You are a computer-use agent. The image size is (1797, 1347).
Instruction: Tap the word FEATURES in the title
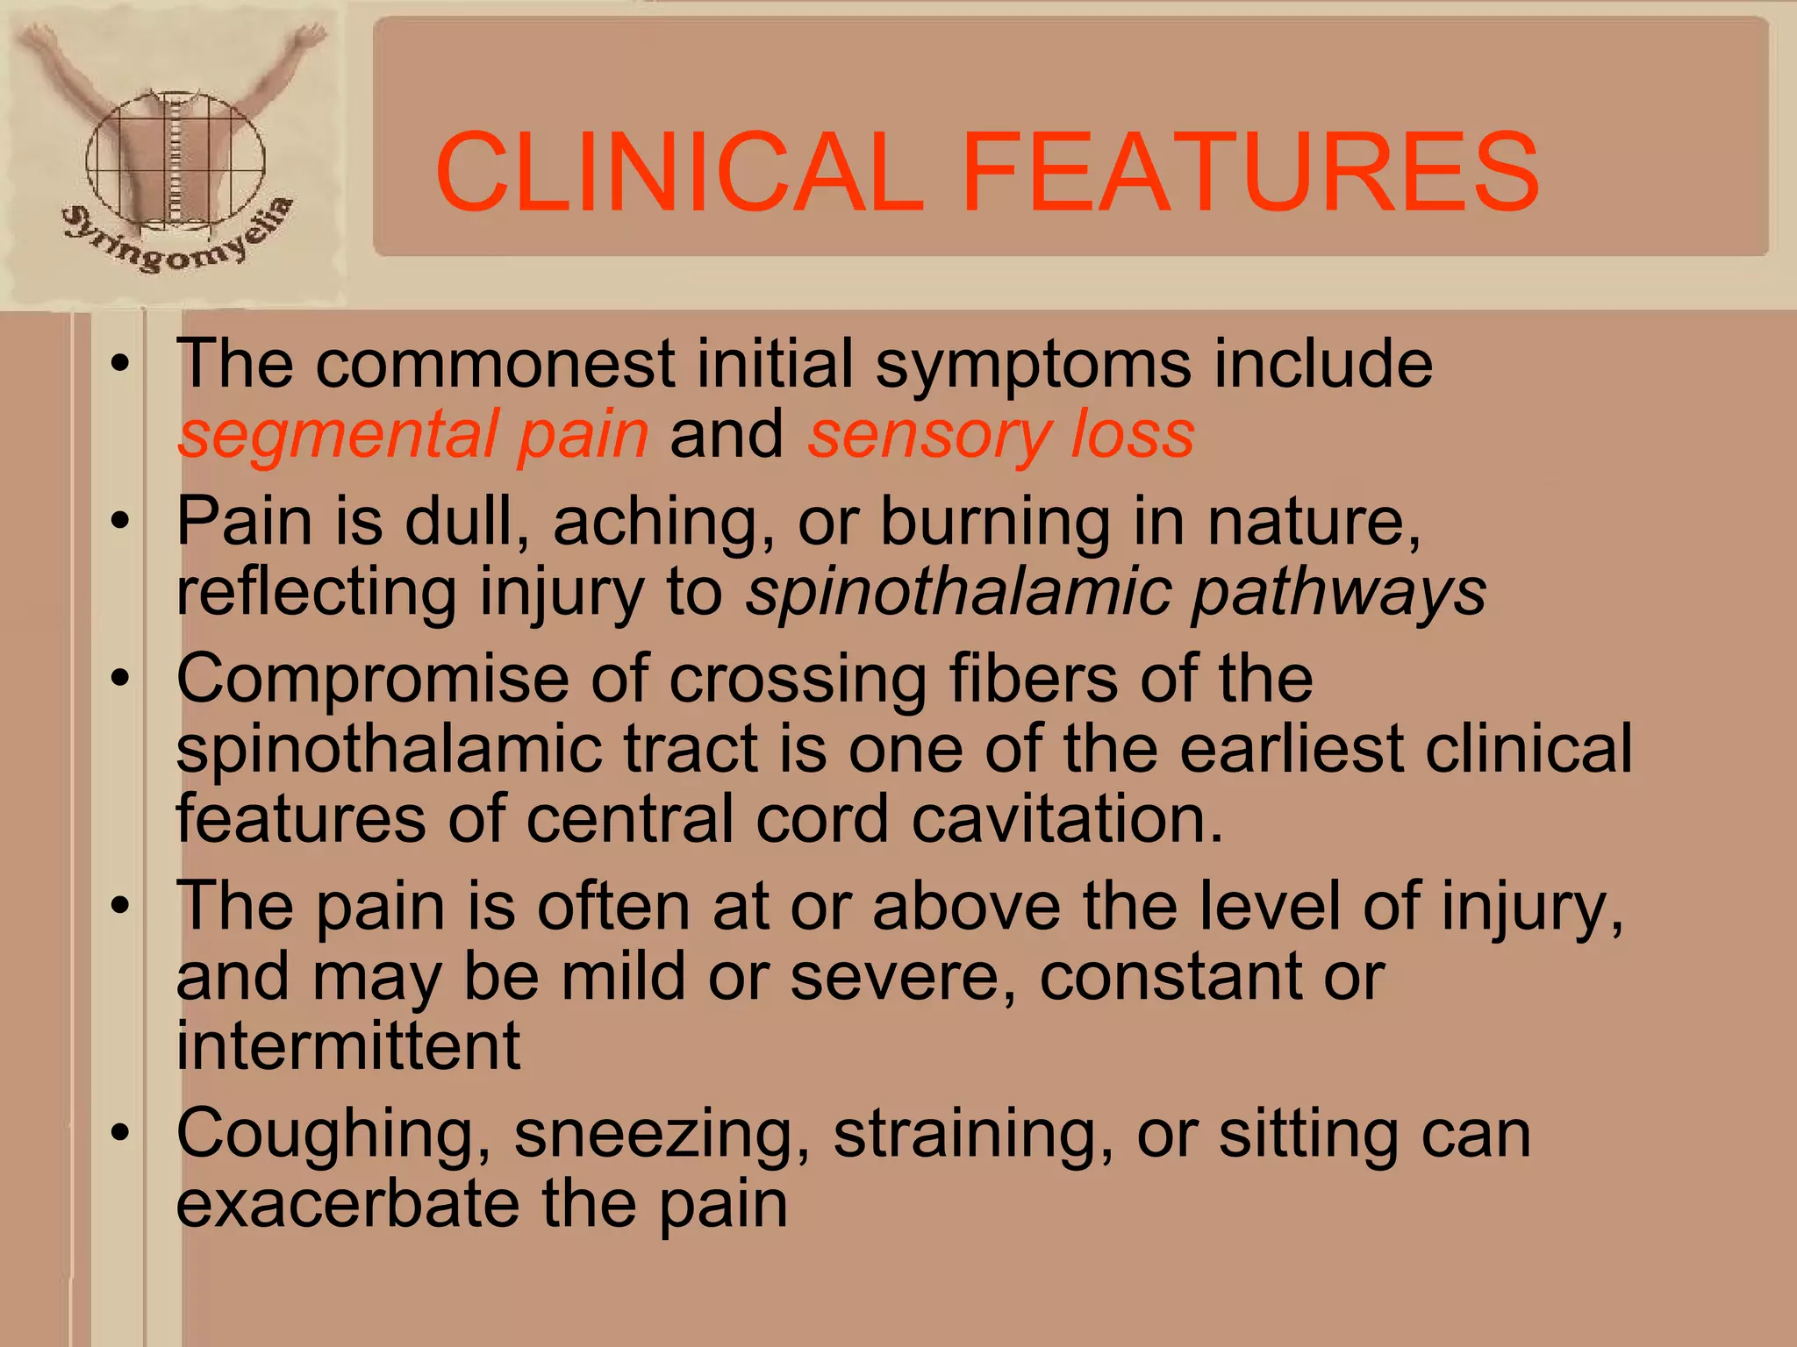coord(1249,172)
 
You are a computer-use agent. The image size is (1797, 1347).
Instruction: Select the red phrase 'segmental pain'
coord(413,435)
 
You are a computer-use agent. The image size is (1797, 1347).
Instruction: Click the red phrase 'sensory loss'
coord(1001,435)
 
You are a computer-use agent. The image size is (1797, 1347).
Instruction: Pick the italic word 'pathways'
coord(1339,593)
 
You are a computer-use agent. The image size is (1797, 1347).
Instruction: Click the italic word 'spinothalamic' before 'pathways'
coord(959,593)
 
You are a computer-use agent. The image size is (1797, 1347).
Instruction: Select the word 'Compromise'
coord(373,679)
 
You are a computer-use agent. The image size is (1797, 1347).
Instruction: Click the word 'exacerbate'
coord(348,1204)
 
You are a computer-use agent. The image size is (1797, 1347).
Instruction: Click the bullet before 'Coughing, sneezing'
coord(120,1132)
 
